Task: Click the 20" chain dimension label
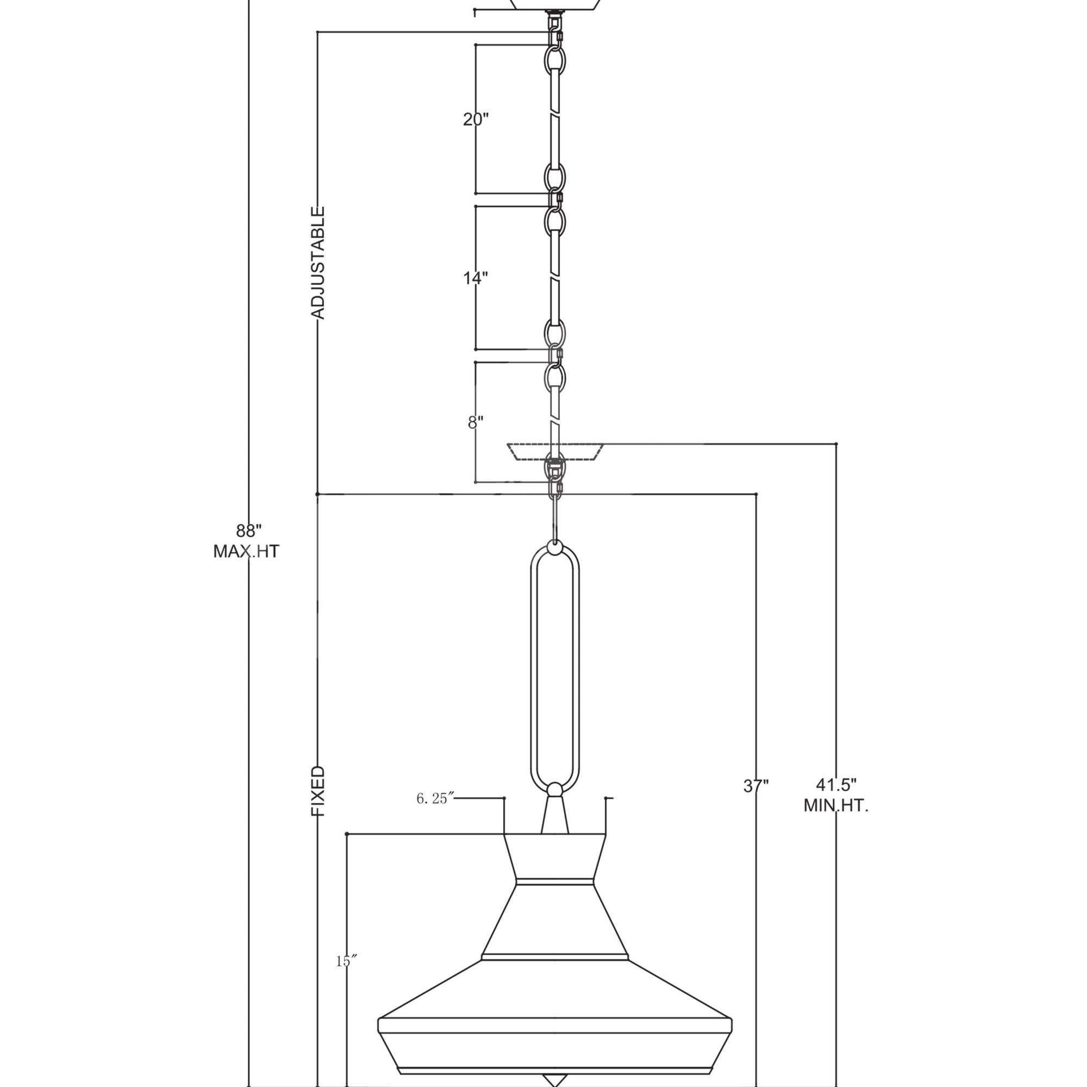(476, 119)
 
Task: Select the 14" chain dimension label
(476, 277)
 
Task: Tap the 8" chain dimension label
(476, 422)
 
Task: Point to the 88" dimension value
(249, 530)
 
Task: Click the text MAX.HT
(246, 551)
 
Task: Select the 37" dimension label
(756, 785)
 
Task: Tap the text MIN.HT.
(835, 805)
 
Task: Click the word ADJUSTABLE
(318, 263)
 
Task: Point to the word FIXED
(318, 791)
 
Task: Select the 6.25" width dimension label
(435, 799)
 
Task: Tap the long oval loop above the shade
(555, 664)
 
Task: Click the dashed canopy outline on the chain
(555, 452)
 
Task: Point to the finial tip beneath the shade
(555, 1081)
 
